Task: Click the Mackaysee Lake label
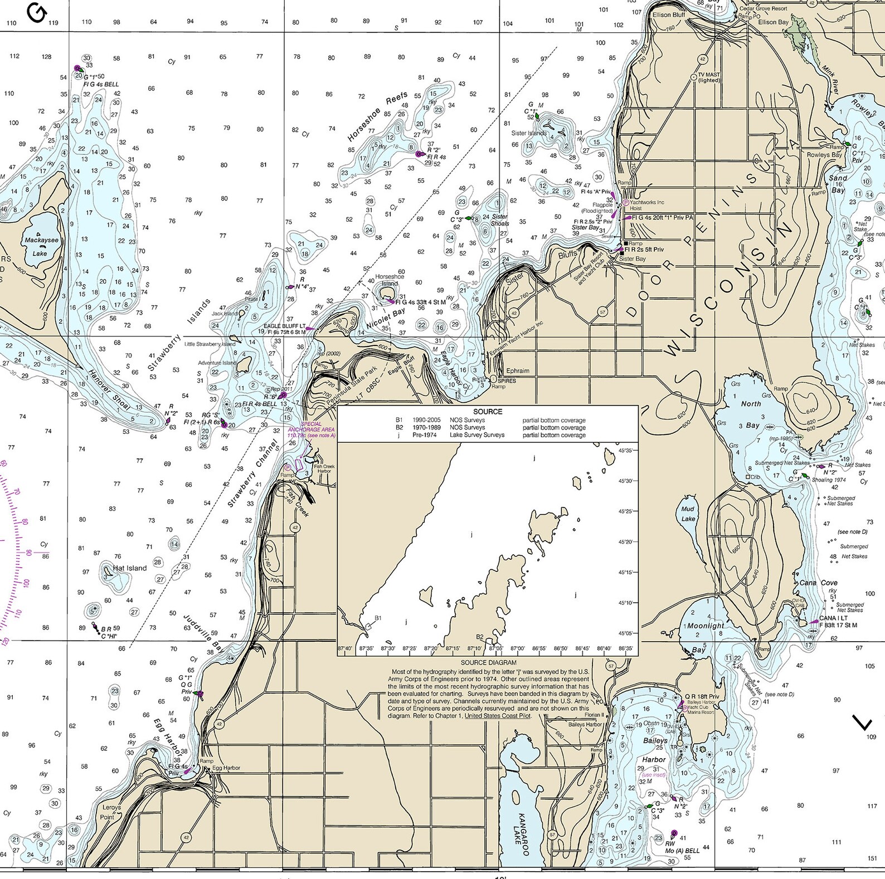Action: (41, 246)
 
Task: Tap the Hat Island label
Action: (129, 568)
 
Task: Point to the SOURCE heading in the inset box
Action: (488, 412)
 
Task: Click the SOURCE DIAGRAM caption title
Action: (488, 663)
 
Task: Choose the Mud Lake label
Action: (688, 514)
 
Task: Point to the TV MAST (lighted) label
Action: (708, 77)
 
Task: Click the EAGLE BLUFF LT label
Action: (284, 326)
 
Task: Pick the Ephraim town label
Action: (518, 370)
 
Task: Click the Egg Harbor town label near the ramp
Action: (226, 768)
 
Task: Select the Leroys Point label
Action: (111, 812)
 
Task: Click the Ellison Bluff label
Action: (669, 15)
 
